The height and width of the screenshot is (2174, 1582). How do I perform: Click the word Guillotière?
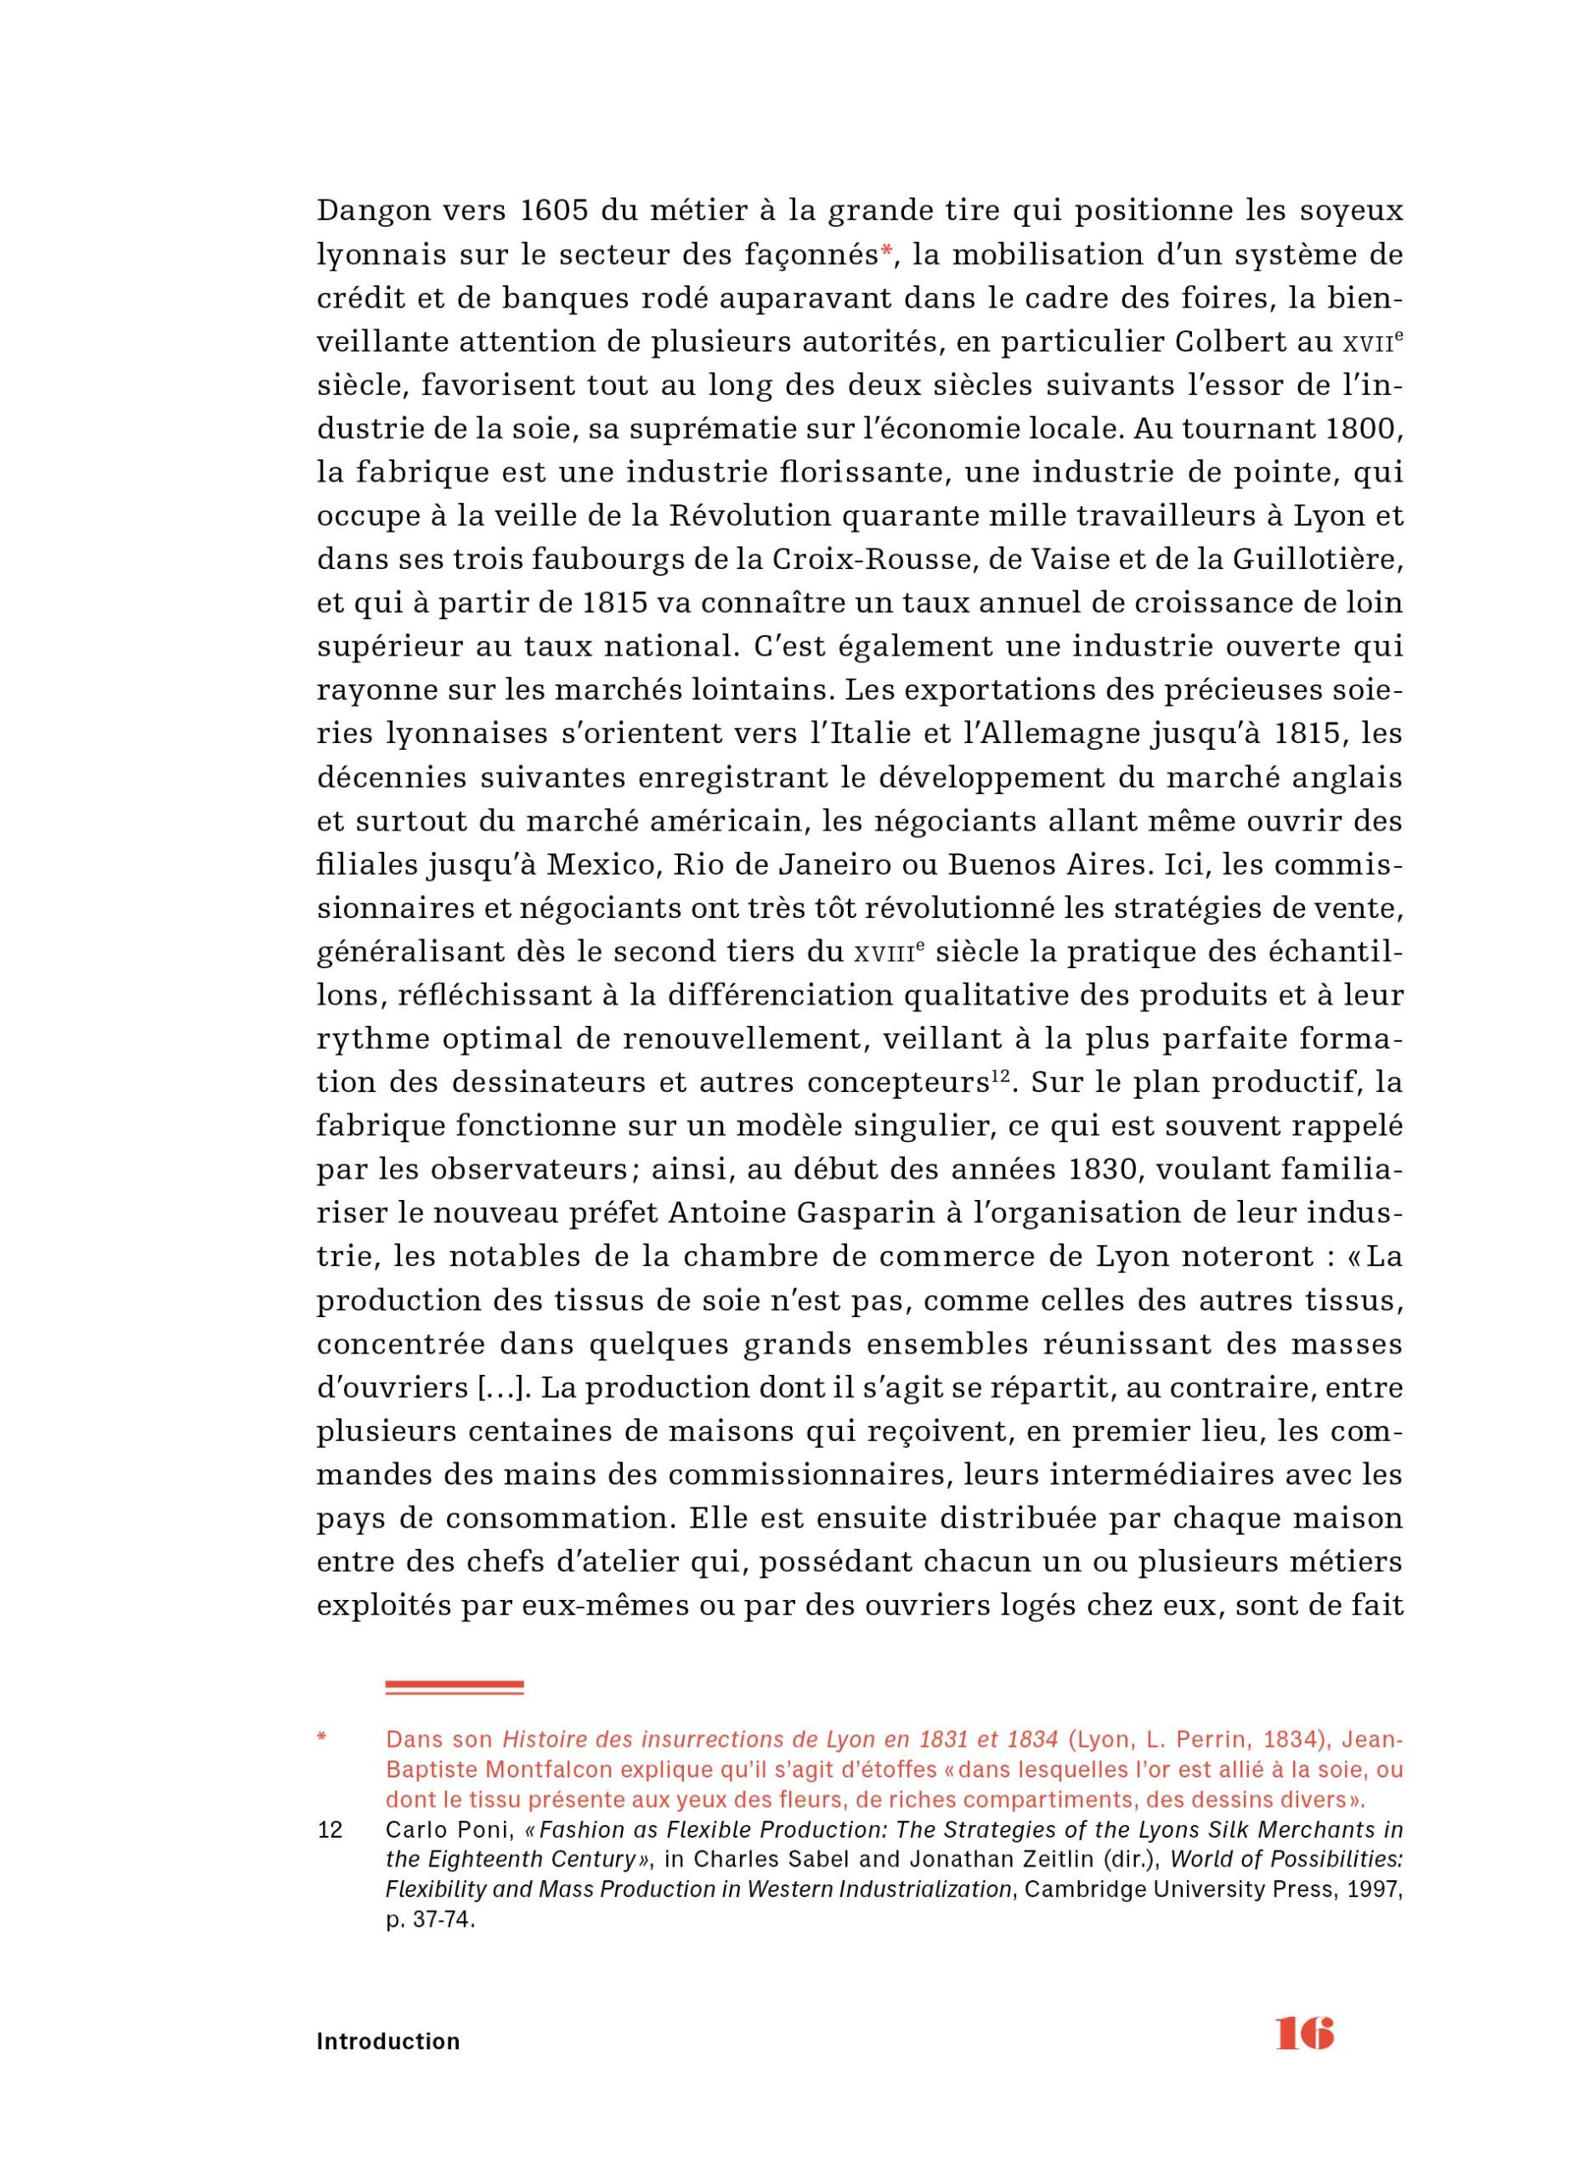pyautogui.click(x=1318, y=560)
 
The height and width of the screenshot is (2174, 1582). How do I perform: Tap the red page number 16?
pyautogui.click(x=1304, y=2032)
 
